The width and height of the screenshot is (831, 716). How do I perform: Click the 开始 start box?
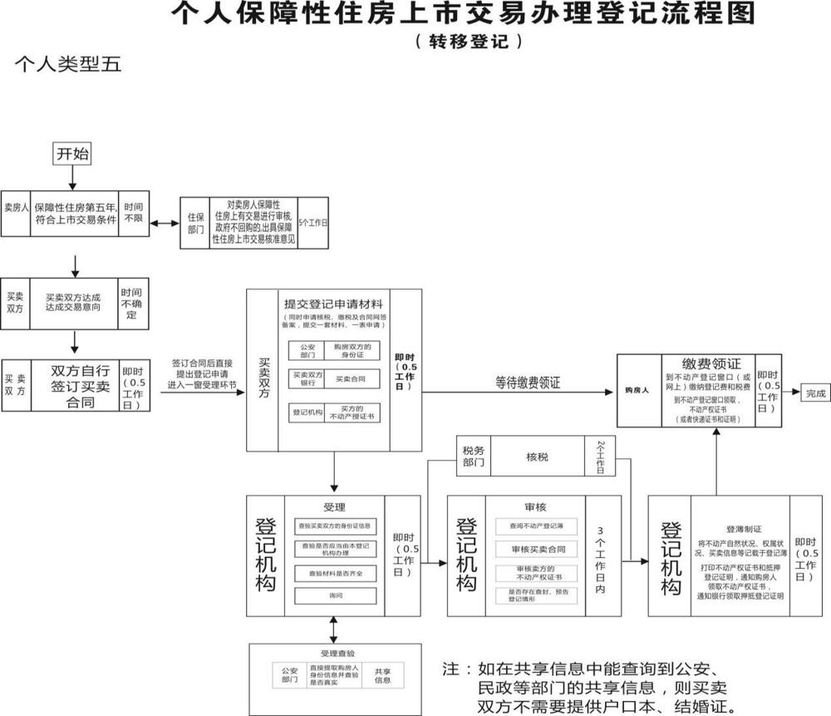(x=72, y=154)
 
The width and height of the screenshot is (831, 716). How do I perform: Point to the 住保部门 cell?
(x=196, y=223)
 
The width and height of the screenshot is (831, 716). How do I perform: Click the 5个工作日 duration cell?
(x=313, y=223)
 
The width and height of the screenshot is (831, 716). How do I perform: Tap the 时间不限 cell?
(x=133, y=211)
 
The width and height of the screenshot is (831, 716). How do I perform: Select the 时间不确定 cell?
(x=131, y=304)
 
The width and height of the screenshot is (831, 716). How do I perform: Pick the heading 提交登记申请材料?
(x=333, y=304)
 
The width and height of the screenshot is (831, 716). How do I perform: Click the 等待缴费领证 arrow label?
(x=528, y=383)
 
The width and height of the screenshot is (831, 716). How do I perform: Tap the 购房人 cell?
(x=637, y=389)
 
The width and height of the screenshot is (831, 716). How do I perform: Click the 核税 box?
(x=537, y=457)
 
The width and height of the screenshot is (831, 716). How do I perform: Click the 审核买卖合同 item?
(x=538, y=549)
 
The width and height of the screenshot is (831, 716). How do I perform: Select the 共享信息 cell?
(x=382, y=674)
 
